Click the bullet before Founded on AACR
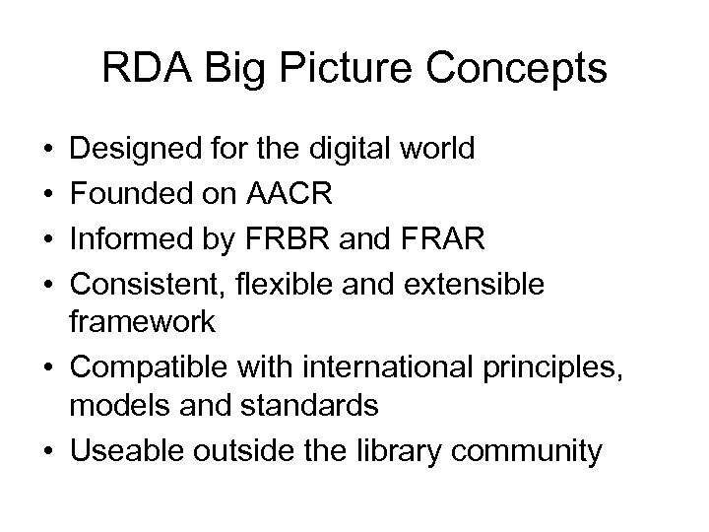[49, 193]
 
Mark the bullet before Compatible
[49, 366]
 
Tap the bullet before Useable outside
[49, 452]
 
